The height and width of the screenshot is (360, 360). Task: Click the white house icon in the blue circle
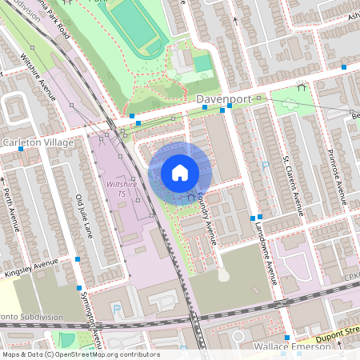(x=180, y=173)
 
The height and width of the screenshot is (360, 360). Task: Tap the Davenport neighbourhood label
(x=229, y=99)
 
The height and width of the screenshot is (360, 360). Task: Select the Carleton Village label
(x=38, y=142)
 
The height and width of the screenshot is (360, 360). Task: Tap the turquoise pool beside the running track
(x=202, y=62)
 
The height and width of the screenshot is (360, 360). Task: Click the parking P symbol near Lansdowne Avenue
(x=266, y=166)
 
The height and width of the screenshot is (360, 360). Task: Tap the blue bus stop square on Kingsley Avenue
(x=78, y=259)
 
